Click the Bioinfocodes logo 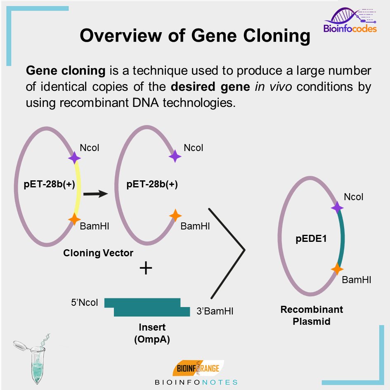[x=350, y=21]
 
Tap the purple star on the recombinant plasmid [x=337, y=207]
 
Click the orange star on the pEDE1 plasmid [x=337, y=269]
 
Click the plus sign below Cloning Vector [x=146, y=269]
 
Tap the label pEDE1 [x=311, y=238]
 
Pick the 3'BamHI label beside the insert [x=215, y=311]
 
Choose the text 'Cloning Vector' [x=98, y=253]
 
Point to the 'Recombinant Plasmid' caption [x=312, y=315]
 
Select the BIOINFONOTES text [x=196, y=382]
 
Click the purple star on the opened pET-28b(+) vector [x=175, y=156]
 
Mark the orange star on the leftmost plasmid [x=74, y=219]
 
